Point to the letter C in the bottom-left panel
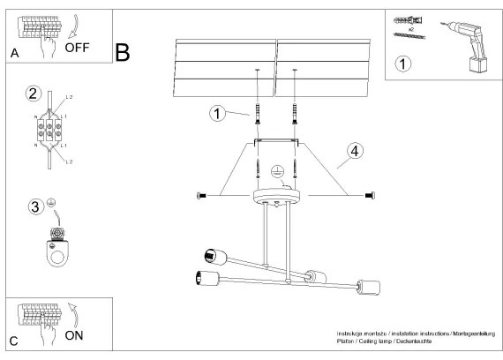[x=13, y=341]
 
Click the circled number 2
[x=34, y=94]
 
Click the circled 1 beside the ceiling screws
[x=215, y=113]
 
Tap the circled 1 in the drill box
[x=402, y=64]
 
